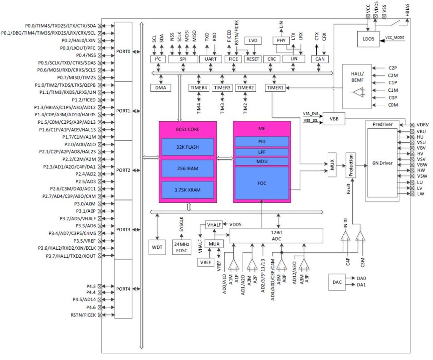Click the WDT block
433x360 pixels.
157,246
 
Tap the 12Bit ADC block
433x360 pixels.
276,235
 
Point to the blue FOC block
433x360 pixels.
262,183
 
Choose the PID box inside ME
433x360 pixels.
262,142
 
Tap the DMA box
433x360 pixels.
161,87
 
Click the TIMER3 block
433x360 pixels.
222,87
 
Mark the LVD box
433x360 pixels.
253,41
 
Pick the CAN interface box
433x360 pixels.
320,59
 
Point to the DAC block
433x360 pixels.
337,282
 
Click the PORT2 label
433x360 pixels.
123,170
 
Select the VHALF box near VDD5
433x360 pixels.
214,224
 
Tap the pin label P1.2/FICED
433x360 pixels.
85,100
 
